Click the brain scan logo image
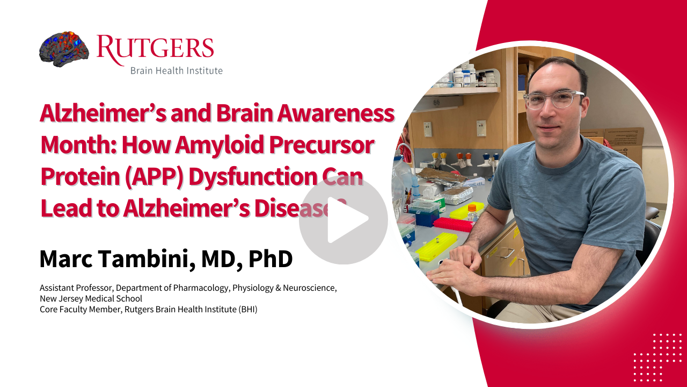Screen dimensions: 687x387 [64, 49]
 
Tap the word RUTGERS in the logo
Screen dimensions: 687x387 [155, 49]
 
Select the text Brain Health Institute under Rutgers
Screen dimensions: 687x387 [177, 70]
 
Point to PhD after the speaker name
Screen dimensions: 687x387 [271, 259]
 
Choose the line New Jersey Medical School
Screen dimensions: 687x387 [91, 298]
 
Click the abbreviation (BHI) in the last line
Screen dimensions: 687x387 [248, 309]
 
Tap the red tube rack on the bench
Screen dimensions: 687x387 [454, 224]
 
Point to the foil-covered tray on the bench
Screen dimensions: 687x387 [455, 195]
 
